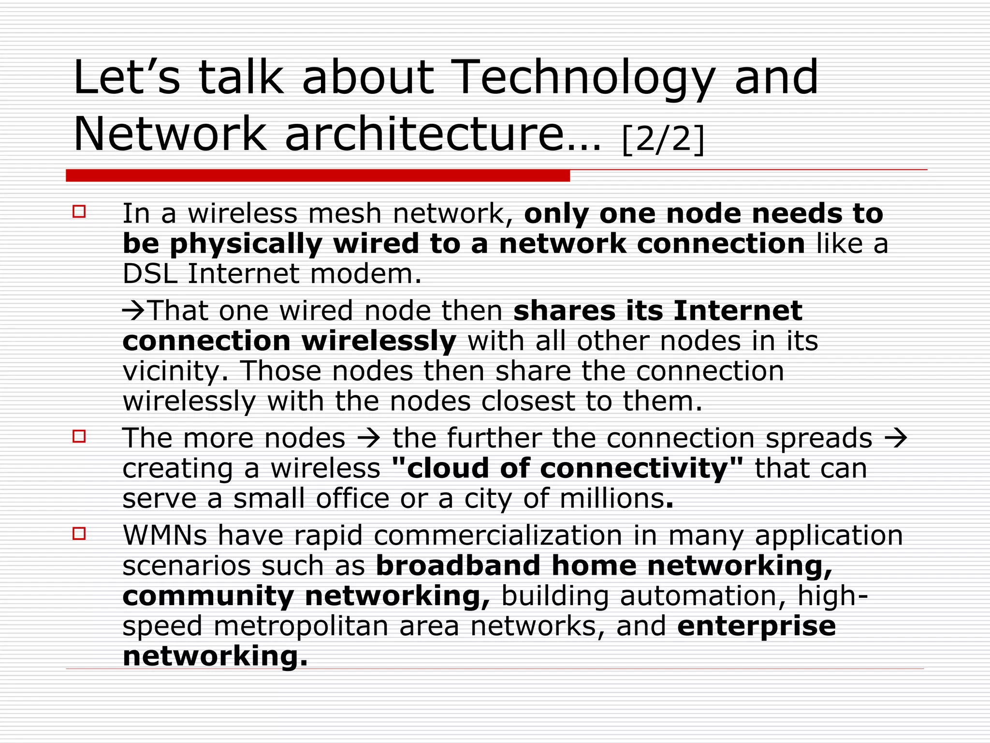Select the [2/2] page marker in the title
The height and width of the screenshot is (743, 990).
tap(663, 139)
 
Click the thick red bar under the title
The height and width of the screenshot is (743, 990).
tap(318, 176)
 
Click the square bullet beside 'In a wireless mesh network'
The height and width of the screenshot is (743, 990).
tap(79, 212)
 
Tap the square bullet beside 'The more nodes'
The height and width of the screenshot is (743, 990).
tap(79, 437)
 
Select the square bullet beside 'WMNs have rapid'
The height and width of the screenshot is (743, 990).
tap(79, 534)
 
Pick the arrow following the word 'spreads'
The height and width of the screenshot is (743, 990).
tap(896, 439)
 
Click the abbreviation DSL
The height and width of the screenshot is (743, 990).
tap(150, 274)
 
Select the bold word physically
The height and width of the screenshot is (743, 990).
tap(246, 244)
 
